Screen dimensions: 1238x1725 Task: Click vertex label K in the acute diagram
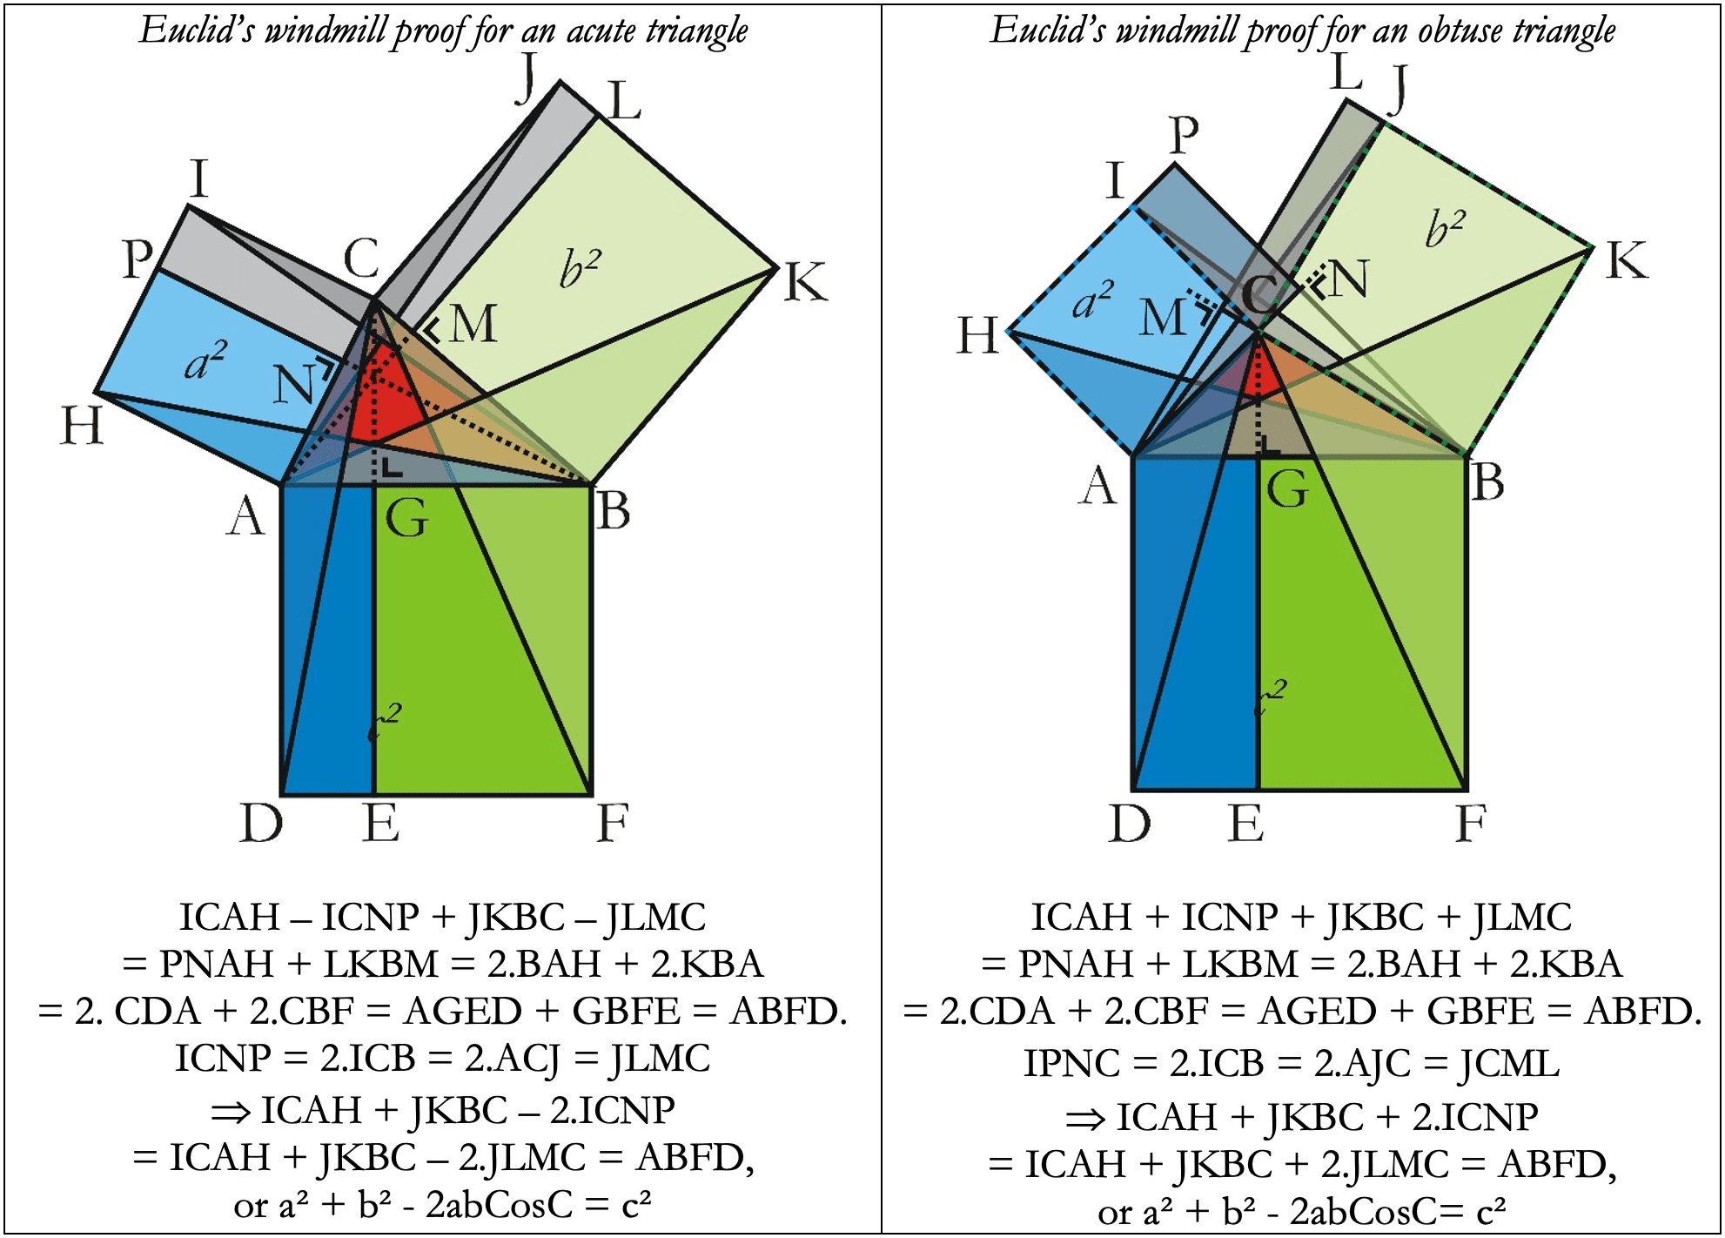(805, 282)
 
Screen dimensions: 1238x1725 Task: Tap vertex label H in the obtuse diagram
(977, 335)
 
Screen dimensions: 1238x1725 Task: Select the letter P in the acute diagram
(137, 259)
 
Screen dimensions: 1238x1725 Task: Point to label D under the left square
(261, 823)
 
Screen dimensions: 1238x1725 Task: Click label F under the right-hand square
(1471, 823)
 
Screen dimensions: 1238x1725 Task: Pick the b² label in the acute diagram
(581, 268)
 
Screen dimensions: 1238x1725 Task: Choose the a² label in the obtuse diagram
(1093, 300)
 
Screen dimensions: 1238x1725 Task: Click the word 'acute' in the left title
(601, 31)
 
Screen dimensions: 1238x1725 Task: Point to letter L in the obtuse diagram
(1346, 71)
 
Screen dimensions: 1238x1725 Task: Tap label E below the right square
(1245, 823)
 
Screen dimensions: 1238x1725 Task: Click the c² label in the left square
(384, 722)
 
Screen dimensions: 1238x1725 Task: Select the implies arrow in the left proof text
(232, 1111)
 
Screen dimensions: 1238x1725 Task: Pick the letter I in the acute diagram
(199, 179)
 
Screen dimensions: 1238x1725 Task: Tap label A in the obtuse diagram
(1098, 486)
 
